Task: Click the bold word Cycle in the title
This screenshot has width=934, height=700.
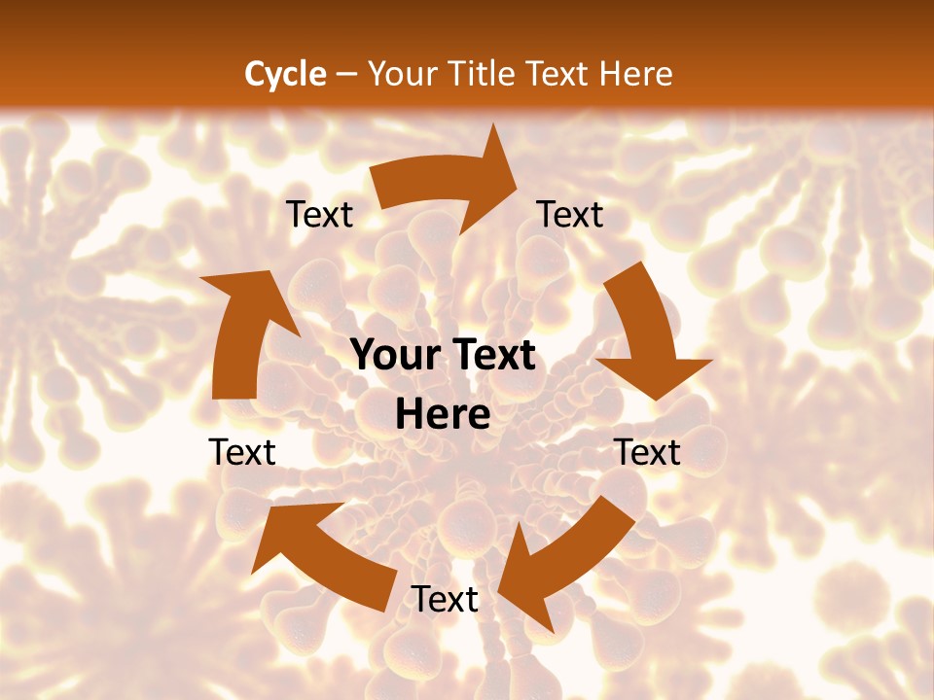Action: [285, 74]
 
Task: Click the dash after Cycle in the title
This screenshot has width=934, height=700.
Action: [345, 74]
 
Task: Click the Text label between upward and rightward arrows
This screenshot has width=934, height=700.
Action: [319, 215]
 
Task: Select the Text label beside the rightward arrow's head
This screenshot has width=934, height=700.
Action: [570, 215]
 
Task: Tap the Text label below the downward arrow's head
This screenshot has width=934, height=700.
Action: [647, 452]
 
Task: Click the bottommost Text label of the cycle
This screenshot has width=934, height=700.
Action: [445, 600]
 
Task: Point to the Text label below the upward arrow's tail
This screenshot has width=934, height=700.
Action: [242, 452]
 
